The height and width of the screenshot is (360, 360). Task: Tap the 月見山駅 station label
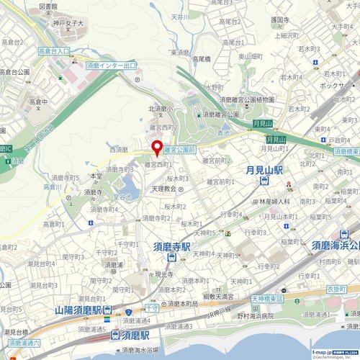[x=264, y=171]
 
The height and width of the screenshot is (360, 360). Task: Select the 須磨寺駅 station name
[x=171, y=246]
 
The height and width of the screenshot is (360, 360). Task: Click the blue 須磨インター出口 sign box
[x=111, y=66]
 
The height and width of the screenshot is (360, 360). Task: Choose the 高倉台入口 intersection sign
[x=54, y=52]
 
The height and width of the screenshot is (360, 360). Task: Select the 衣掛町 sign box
[x=336, y=289]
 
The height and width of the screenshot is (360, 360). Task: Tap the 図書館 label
[x=48, y=6]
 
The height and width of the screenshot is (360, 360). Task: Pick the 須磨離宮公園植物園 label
[x=247, y=99]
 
